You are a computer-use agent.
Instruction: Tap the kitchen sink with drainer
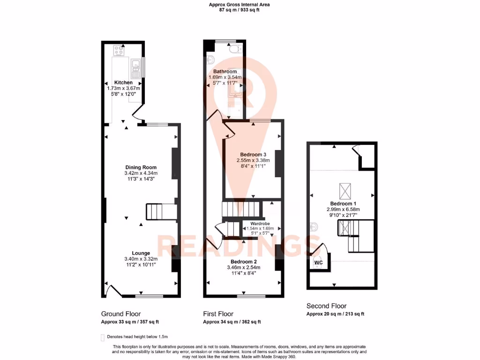pos(135,68)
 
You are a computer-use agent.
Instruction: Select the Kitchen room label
pos(123,82)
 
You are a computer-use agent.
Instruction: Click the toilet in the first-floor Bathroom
pos(232,50)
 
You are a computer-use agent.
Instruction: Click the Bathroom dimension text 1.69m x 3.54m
pos(225,77)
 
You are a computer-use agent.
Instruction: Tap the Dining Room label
pos(141,167)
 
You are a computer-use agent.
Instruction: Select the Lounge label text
pos(141,253)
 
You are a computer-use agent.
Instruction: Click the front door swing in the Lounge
pos(111,291)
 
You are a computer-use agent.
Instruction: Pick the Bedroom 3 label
pos(253,155)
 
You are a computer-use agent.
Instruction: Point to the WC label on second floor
pos(318,263)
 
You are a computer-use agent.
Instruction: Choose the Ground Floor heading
pos(121,314)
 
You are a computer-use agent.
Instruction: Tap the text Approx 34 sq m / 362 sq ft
pos(232,322)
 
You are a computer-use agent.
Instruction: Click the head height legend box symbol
pos(103,337)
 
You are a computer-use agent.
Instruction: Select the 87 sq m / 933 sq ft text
pos(240,10)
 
